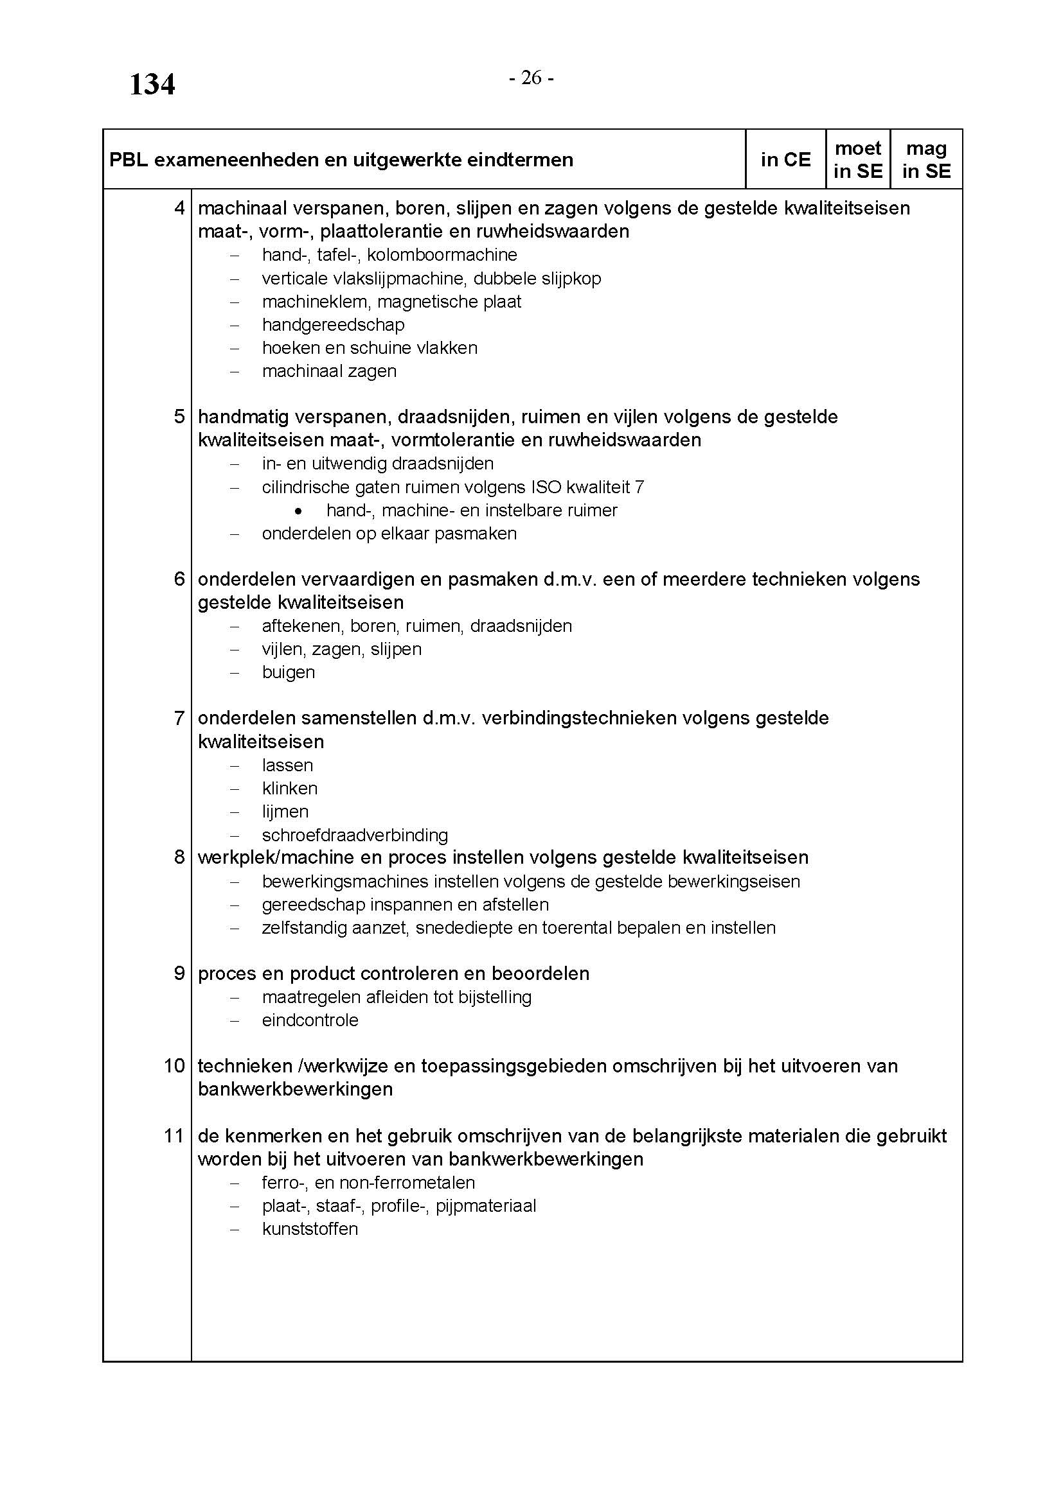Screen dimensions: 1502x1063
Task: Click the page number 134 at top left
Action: pyautogui.click(x=152, y=85)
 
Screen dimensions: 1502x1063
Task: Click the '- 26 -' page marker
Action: pyautogui.click(x=531, y=78)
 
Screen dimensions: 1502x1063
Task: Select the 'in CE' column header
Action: pyautogui.click(x=785, y=160)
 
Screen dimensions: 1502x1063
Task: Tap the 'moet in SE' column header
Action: pyautogui.click(x=857, y=160)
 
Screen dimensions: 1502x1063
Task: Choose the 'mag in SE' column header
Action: pyautogui.click(x=925, y=160)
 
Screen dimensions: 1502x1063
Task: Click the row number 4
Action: pyautogui.click(x=179, y=208)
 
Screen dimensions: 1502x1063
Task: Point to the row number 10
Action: pyautogui.click(x=174, y=1066)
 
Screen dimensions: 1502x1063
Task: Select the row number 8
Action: pyautogui.click(x=179, y=857)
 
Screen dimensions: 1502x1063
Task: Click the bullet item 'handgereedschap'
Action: pyautogui.click(x=333, y=324)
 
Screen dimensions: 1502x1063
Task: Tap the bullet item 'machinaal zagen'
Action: pyautogui.click(x=329, y=371)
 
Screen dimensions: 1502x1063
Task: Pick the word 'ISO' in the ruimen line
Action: pyautogui.click(x=541, y=487)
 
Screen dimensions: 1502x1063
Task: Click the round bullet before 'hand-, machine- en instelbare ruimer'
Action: pyautogui.click(x=299, y=511)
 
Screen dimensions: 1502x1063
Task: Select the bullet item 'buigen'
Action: pyautogui.click(x=288, y=672)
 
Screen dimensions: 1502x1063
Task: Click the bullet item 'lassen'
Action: pyautogui.click(x=287, y=765)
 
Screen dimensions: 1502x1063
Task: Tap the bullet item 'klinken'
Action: pyautogui.click(x=289, y=789)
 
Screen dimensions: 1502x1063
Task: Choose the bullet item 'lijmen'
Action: pyautogui.click(x=285, y=811)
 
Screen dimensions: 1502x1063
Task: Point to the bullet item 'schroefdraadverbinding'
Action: pyautogui.click(x=355, y=835)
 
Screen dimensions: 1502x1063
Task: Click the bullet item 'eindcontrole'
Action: pyautogui.click(x=310, y=1020)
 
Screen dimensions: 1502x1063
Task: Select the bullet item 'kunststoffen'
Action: pyautogui.click(x=310, y=1228)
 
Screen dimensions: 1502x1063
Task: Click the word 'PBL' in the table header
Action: pyautogui.click(x=129, y=160)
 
